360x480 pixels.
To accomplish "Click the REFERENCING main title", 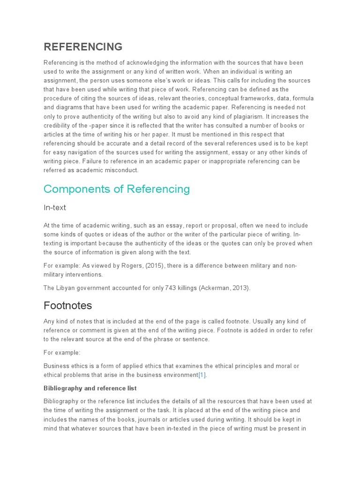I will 83,47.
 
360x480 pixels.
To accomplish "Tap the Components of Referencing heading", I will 117,189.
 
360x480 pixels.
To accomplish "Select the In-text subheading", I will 55,207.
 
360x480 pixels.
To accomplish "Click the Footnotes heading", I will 67,306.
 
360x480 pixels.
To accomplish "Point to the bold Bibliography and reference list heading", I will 90,388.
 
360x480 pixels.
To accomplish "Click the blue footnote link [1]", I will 202,375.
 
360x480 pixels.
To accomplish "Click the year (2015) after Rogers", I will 156,266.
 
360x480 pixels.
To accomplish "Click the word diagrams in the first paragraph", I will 68,107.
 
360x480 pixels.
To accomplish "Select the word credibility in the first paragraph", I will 60,125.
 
